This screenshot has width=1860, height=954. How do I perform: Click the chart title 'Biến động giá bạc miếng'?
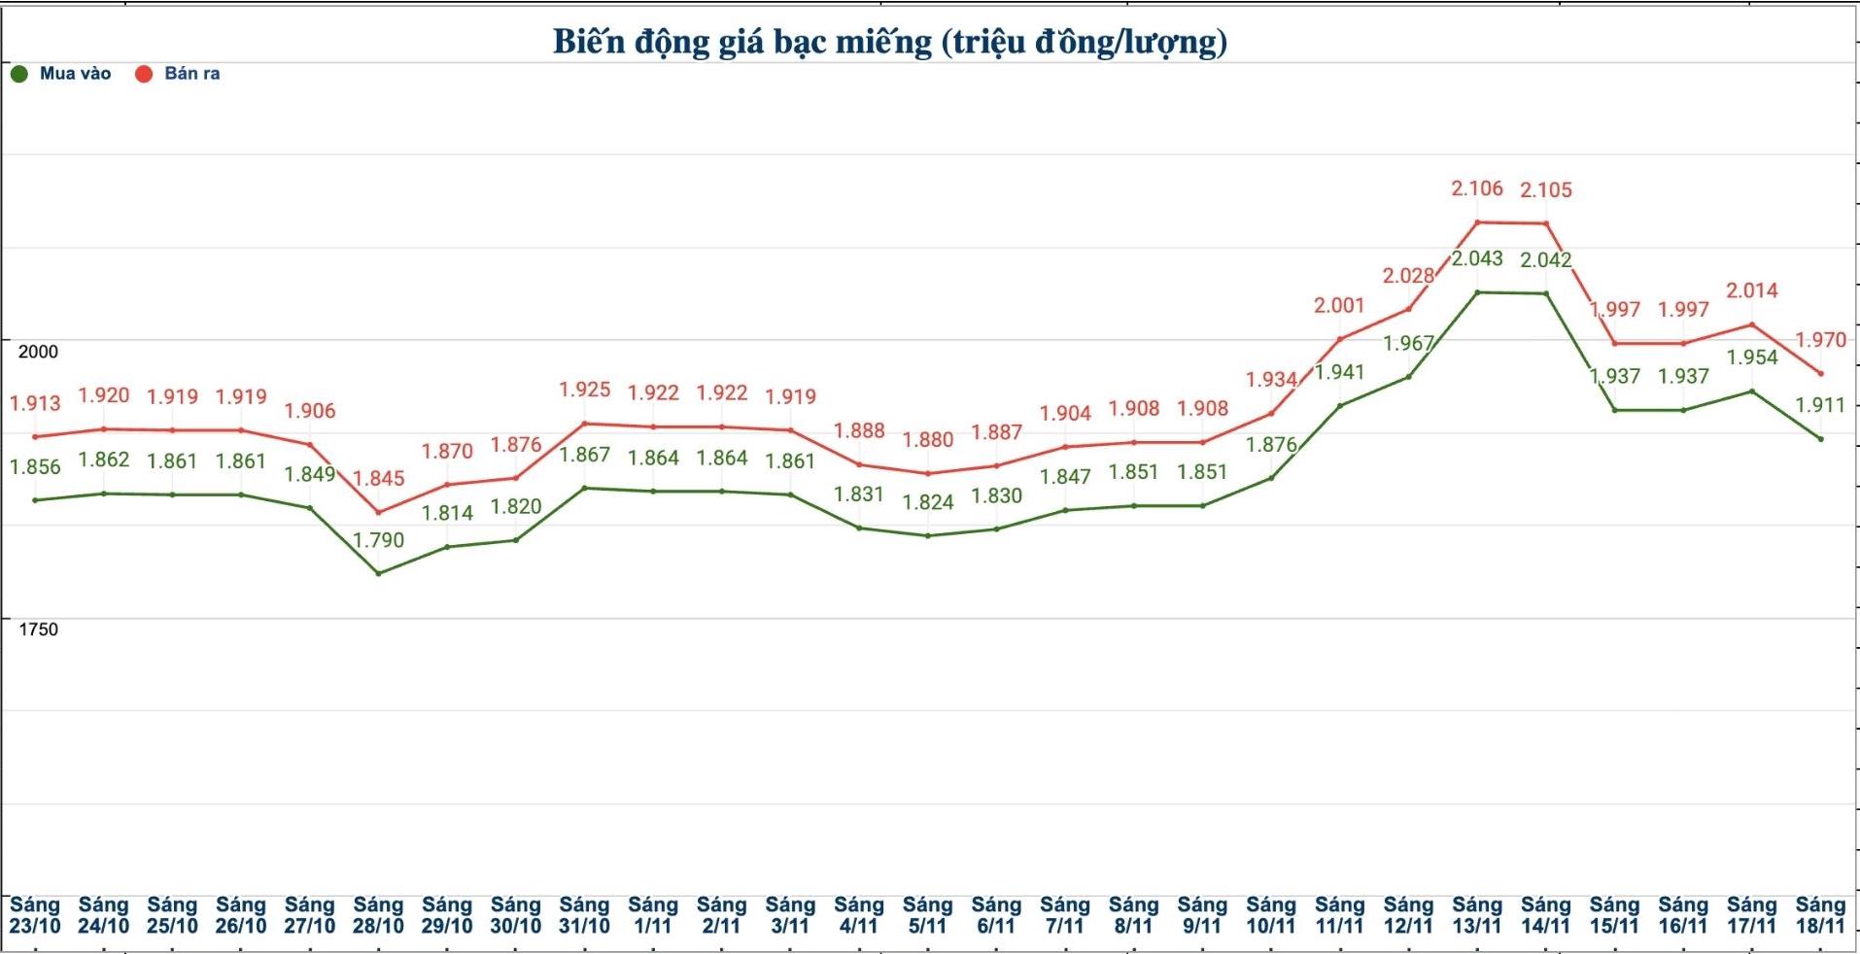click(889, 42)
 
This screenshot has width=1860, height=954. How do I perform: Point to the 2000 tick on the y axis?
click(38, 352)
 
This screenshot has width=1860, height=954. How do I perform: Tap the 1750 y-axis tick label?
click(38, 630)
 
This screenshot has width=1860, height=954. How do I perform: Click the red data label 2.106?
click(1476, 188)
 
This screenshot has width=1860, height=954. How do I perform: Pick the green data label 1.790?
click(378, 540)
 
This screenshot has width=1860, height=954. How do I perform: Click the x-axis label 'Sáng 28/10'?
click(378, 916)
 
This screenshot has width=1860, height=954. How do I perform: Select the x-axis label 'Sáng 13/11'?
click(1476, 916)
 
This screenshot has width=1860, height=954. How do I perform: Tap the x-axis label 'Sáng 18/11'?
click(1819, 916)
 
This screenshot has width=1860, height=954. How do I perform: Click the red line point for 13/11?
click(1477, 222)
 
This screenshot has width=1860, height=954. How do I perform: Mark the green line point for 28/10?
click(378, 573)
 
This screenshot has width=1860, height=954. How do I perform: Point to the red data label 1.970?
click(1819, 340)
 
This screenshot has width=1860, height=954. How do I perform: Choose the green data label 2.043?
click(1477, 258)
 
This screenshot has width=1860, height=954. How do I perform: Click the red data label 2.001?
click(1339, 305)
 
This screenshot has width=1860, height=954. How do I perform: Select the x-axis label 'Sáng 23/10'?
click(35, 916)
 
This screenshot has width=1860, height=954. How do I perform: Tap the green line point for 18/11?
click(1820, 439)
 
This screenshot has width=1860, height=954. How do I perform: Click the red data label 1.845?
click(378, 478)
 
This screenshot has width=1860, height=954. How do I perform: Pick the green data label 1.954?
click(1751, 358)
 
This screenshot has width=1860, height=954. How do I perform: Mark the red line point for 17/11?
click(1751, 324)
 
